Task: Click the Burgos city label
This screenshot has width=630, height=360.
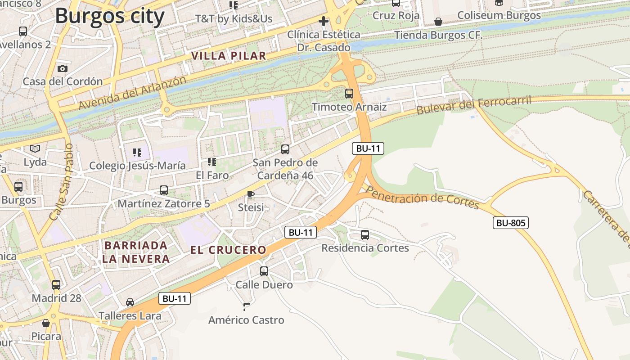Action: point(110,16)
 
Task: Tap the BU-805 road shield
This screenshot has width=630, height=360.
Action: point(510,222)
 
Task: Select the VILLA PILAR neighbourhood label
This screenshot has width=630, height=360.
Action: point(229,56)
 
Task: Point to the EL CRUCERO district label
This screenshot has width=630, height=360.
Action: point(228,250)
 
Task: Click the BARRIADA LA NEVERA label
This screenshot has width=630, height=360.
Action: point(135,252)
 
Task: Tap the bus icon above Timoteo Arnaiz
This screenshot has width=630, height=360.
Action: point(349,94)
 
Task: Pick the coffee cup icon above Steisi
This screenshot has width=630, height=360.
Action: point(251,194)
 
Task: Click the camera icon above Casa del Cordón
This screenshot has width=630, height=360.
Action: point(63,68)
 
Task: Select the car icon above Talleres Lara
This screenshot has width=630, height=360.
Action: point(130,302)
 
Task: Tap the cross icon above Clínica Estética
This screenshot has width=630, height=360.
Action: point(323,21)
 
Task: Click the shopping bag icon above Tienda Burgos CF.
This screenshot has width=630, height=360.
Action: point(438,22)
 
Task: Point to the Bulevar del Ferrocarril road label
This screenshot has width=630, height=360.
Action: point(474,104)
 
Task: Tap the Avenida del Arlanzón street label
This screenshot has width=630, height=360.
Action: point(132,93)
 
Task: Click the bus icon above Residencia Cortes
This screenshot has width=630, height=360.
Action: point(365,234)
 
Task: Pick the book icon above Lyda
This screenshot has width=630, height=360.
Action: point(35,148)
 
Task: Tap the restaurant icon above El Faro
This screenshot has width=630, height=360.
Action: point(212,162)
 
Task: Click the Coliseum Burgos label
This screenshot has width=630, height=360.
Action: point(499,15)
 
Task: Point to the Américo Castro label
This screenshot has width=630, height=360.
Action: point(246,320)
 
